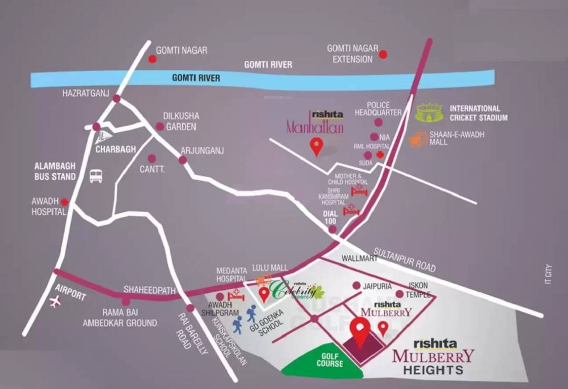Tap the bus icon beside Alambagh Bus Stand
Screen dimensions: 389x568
(96, 176)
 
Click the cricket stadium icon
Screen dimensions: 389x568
(429, 113)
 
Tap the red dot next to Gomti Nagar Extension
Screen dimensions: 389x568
(383, 54)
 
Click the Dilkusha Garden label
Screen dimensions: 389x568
(181, 122)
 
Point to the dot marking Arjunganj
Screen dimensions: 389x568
(182, 160)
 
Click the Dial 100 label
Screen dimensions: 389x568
(330, 217)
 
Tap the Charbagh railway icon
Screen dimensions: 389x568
(104, 137)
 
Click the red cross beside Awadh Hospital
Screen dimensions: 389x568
(65, 202)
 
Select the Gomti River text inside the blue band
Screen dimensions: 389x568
(196, 78)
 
